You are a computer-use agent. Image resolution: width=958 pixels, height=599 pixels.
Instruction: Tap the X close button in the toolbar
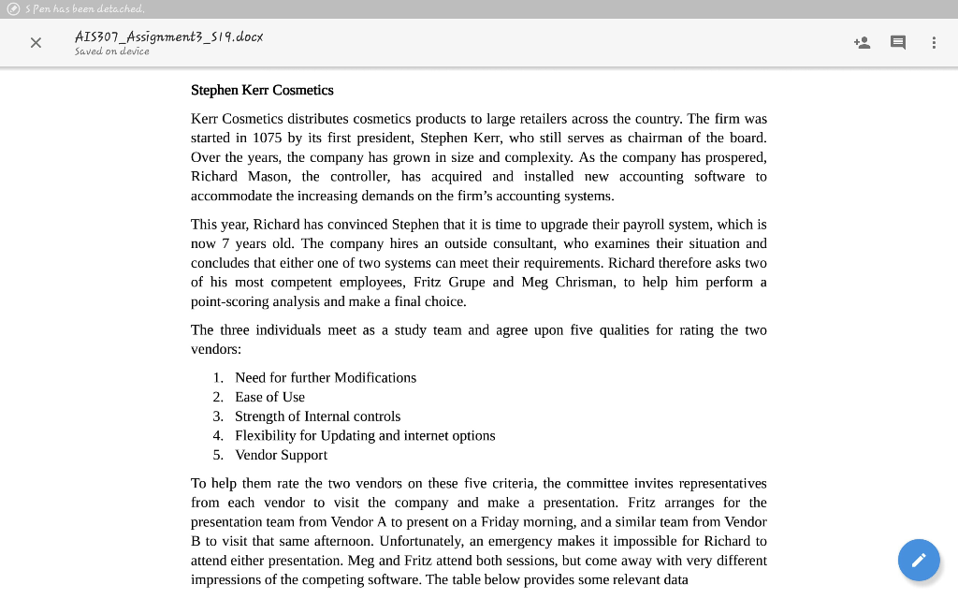[36, 42]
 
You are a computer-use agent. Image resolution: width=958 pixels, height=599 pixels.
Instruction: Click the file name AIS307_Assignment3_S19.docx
[168, 37]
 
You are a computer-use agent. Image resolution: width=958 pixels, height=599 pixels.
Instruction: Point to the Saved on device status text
[111, 51]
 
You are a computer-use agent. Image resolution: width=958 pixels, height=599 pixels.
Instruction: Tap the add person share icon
[862, 42]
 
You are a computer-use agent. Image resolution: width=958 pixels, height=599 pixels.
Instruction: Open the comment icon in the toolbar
[898, 42]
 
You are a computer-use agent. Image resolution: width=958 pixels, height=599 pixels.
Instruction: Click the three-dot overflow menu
[934, 42]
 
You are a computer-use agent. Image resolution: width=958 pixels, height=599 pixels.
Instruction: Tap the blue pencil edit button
[919, 560]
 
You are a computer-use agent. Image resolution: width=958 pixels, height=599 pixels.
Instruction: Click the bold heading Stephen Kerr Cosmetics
[262, 90]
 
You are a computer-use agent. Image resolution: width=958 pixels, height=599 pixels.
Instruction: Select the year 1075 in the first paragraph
[268, 138]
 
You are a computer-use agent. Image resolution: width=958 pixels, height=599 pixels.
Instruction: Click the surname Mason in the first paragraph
[268, 176]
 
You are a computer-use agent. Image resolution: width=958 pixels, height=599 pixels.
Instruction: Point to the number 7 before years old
[225, 243]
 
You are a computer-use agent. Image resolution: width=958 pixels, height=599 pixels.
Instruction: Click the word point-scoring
[231, 301]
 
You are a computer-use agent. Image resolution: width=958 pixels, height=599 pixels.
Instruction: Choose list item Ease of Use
[269, 397]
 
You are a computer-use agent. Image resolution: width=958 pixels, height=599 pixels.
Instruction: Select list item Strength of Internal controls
[317, 416]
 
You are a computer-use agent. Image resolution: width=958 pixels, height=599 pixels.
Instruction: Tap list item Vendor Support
[281, 455]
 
